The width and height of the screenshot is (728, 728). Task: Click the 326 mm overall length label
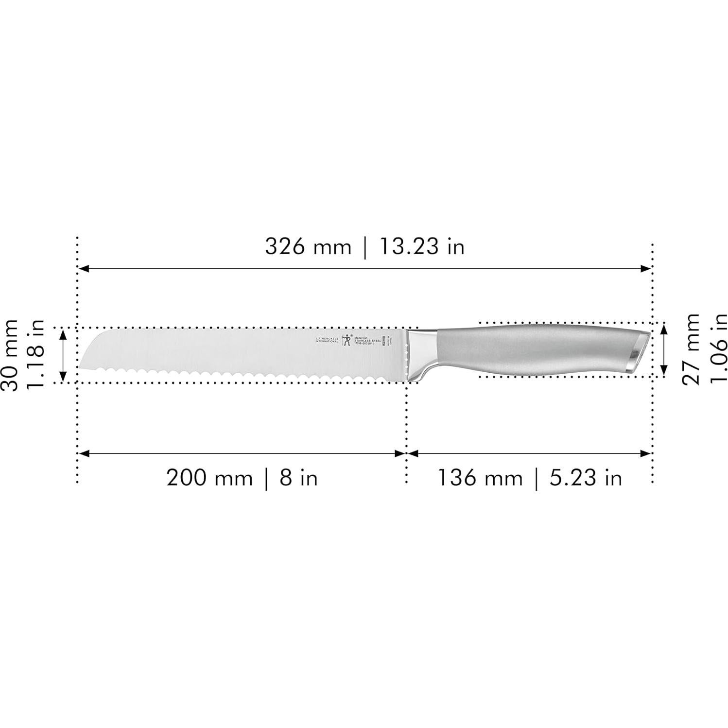pyautogui.click(x=308, y=247)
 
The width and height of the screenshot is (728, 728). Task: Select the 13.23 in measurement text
pyautogui.click(x=421, y=247)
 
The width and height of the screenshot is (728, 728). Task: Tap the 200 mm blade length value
pyautogui.click(x=209, y=478)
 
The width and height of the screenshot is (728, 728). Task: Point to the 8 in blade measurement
pyautogui.click(x=298, y=478)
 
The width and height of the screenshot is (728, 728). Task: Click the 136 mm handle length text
pyautogui.click(x=480, y=478)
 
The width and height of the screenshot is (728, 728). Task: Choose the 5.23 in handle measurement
pyautogui.click(x=586, y=478)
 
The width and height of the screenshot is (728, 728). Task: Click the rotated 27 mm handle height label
pyautogui.click(x=690, y=349)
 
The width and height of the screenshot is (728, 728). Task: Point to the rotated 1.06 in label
pyautogui.click(x=717, y=349)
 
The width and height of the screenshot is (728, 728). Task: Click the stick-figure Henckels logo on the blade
pyautogui.click(x=347, y=340)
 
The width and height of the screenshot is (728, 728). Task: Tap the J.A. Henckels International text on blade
pyautogui.click(x=327, y=340)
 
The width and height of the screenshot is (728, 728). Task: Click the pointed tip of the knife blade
pyautogui.click(x=81, y=367)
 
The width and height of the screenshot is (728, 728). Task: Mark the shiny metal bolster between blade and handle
pyautogui.click(x=421, y=352)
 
